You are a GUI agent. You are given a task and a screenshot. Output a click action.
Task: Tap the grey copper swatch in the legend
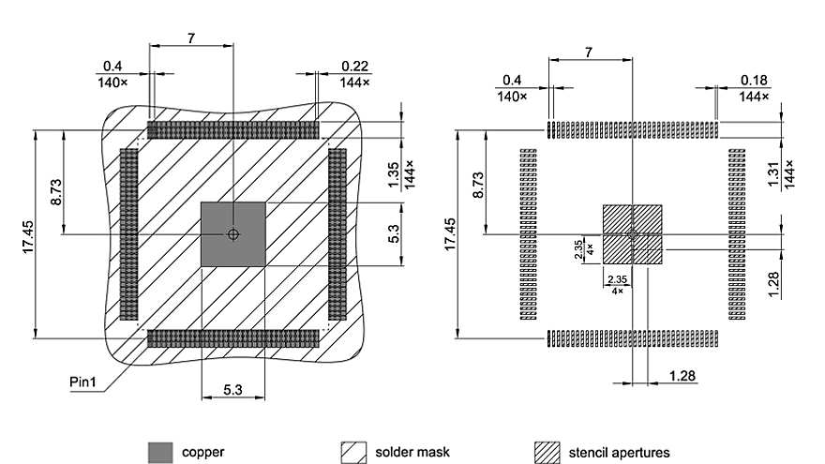[161, 452]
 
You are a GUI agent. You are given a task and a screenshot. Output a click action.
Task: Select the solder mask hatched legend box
[352, 452]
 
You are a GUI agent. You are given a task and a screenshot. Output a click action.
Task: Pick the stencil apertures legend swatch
[547, 452]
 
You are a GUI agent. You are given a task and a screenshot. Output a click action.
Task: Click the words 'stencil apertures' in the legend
[619, 453]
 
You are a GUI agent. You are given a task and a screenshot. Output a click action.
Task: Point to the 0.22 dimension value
[354, 67]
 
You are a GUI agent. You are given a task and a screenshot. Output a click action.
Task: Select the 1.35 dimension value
[394, 174]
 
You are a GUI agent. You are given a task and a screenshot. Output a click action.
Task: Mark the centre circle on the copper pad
[233, 233]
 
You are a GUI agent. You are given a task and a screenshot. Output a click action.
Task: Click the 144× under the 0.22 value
[354, 82]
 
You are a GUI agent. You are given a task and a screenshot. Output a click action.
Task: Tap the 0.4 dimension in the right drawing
[512, 80]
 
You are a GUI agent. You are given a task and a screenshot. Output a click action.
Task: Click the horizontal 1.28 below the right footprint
[682, 376]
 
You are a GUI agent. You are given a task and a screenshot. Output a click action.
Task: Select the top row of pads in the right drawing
[633, 128]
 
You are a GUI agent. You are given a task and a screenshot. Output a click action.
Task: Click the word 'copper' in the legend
[203, 453]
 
